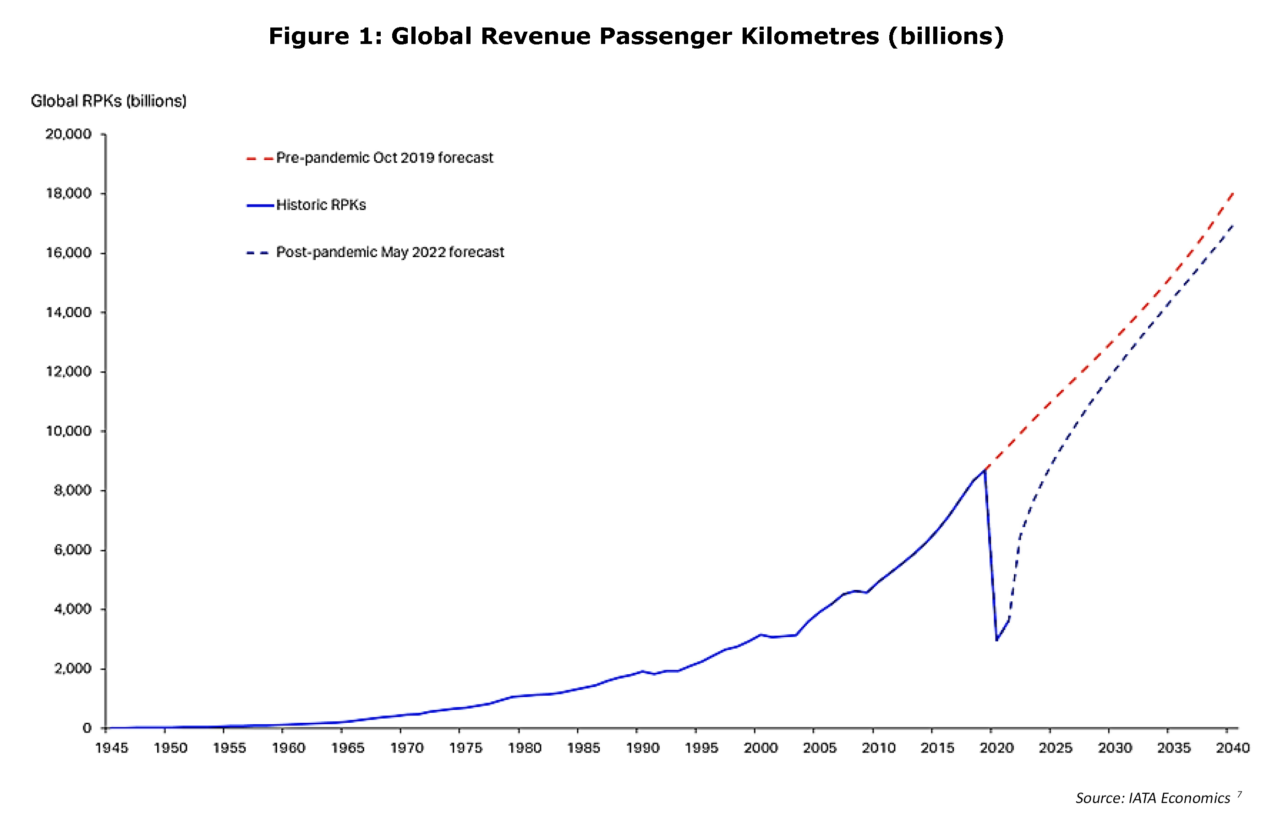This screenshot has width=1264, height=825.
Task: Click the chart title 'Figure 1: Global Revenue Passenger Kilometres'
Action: click(x=574, y=37)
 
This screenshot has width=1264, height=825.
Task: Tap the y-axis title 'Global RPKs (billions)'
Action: click(x=108, y=101)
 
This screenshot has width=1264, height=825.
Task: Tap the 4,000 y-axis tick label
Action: click(x=72, y=609)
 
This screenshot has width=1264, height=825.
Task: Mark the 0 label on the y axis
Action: click(x=87, y=728)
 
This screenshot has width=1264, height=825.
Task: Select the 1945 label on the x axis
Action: click(x=111, y=748)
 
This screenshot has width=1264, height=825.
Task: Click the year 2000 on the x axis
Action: click(x=761, y=748)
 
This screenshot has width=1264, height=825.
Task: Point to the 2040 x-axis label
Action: click(x=1233, y=748)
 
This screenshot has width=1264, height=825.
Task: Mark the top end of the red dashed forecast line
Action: click(x=1233, y=193)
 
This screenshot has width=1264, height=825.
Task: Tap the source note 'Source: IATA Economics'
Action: click(x=1153, y=798)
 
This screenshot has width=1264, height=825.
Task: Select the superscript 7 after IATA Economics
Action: click(x=1240, y=794)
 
